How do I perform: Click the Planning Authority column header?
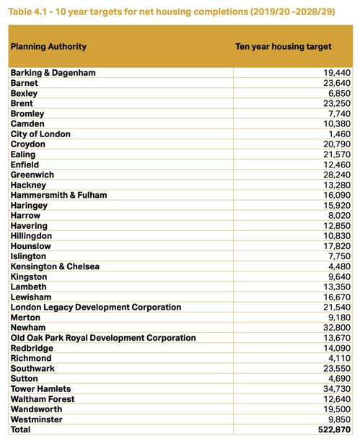point(48,47)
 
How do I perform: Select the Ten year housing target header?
point(284,47)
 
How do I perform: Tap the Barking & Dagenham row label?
point(53,73)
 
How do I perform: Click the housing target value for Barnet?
point(337,83)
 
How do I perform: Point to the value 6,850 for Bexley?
point(340,93)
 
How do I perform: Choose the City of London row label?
point(40,134)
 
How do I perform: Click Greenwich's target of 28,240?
point(337,175)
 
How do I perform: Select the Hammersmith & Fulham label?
point(58,195)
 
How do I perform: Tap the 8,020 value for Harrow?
point(340,216)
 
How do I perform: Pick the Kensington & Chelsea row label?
point(55,266)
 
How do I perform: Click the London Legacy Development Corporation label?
point(96,307)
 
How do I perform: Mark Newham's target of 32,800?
point(337,328)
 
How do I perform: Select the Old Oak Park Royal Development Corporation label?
point(103,338)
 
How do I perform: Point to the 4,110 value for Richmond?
point(340,358)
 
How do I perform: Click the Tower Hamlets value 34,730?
point(337,389)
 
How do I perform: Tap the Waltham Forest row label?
point(43,399)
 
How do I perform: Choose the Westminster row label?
point(37,419)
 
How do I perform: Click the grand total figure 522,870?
point(335,429)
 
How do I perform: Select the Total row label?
point(20,429)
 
